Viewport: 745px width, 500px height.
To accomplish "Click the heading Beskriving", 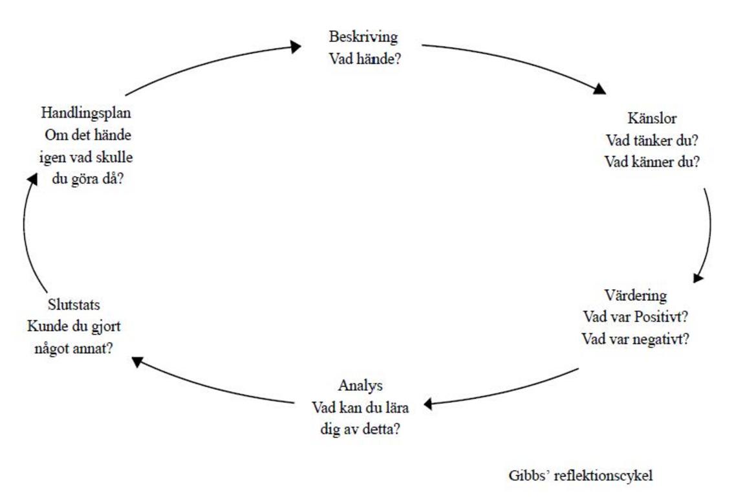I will coord(363,37).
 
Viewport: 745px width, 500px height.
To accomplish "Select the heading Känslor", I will coord(652,119).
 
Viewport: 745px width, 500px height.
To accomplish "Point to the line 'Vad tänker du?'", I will coord(652,140).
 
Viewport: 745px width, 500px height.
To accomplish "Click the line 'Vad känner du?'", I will coord(652,162).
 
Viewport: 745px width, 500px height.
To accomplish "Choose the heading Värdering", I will coord(635,296).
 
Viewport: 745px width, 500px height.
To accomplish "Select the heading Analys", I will coord(360,386).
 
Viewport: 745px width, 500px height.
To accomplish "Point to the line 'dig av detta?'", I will coord(360,429).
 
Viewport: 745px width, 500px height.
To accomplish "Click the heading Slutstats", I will coord(74,305).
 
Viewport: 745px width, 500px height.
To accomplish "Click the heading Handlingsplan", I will coord(86,113).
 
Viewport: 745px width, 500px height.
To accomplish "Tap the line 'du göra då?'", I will coord(87,179).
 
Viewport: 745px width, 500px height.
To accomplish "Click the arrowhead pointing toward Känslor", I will coord(601,89).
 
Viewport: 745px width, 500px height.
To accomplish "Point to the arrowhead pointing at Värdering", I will coord(698,277).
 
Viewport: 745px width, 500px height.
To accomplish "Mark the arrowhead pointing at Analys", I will coord(428,404).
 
